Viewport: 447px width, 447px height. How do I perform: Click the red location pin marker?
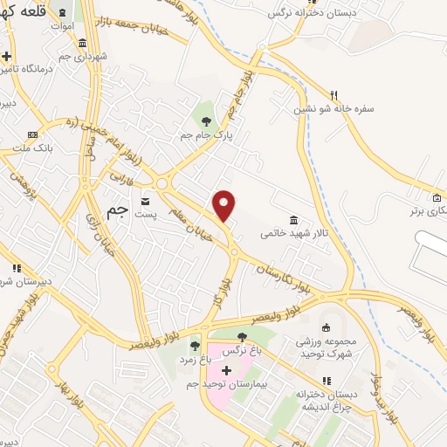pyautogui.click(x=224, y=205)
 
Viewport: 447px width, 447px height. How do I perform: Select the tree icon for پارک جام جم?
pyautogui.click(x=206, y=121)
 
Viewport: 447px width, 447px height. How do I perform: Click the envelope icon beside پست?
pyautogui.click(x=145, y=200)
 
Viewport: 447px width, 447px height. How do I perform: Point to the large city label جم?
pyautogui.click(x=116, y=210)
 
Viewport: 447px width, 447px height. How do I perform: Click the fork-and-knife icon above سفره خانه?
pyautogui.click(x=334, y=94)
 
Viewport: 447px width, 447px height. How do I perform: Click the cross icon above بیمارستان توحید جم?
pyautogui.click(x=226, y=370)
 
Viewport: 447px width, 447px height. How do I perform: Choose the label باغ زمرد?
pyautogui.click(x=196, y=359)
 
